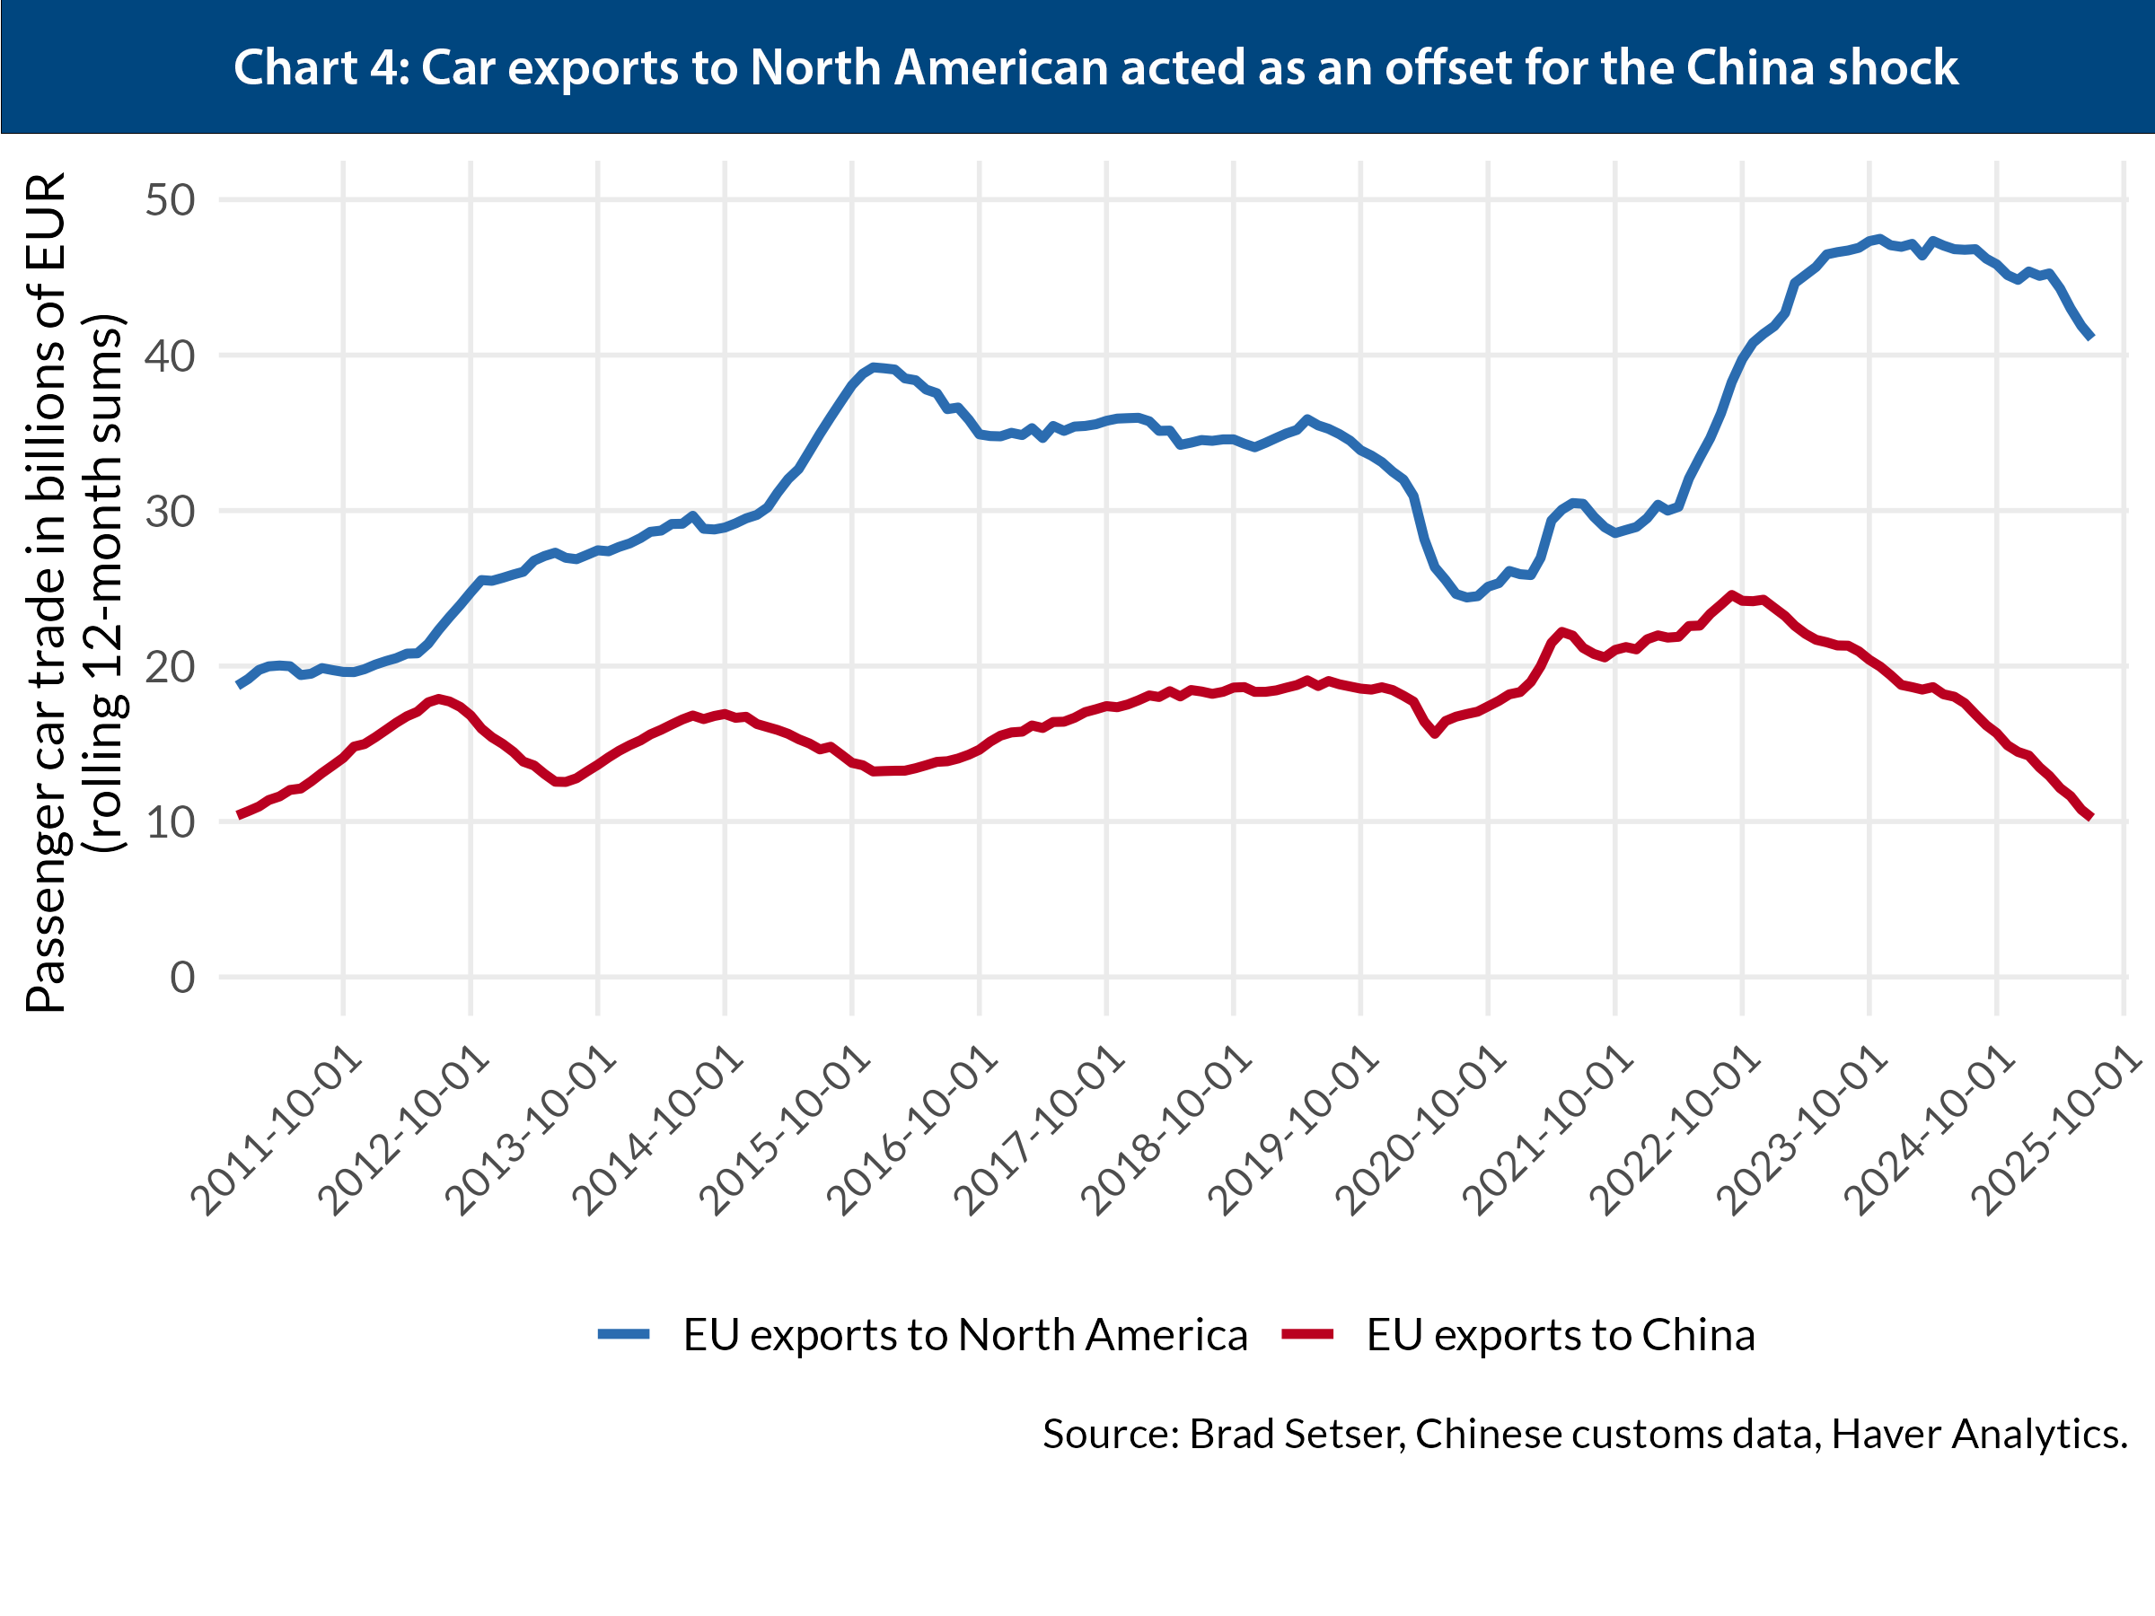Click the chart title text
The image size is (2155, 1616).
pos(1095,68)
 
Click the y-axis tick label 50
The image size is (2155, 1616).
pos(171,201)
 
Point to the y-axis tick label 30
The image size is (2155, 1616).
pos(171,513)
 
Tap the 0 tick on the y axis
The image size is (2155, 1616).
pos(182,978)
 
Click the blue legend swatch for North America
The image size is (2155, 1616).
pos(623,1334)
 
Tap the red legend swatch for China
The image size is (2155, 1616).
pos(1307,1334)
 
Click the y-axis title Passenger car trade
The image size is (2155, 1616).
pos(47,594)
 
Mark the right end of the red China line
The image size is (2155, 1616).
pos(2090,817)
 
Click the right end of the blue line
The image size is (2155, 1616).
pos(2090,337)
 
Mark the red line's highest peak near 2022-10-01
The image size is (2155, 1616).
pos(1731,595)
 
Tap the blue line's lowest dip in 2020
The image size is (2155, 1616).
pos(1469,597)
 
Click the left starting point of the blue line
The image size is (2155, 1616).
pos(239,686)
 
